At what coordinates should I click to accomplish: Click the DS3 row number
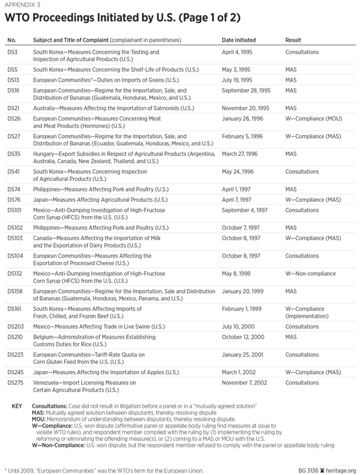[12, 53]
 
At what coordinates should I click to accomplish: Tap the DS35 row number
[13, 154]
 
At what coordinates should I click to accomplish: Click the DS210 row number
[14, 337]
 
